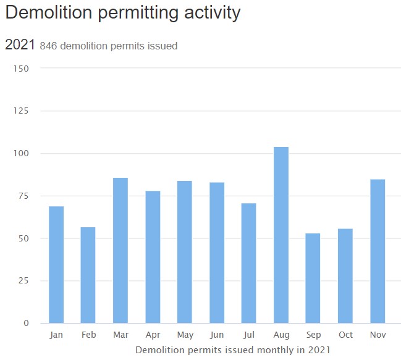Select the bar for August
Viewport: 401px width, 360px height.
(281, 235)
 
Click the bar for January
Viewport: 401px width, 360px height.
(56, 264)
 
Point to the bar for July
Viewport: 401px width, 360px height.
(249, 263)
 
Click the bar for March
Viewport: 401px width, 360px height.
(120, 250)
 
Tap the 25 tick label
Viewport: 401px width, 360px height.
(23, 281)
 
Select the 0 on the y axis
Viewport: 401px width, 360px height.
(26, 323)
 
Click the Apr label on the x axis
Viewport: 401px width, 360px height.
(153, 335)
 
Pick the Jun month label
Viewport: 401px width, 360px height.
(217, 335)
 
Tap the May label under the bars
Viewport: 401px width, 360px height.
(185, 335)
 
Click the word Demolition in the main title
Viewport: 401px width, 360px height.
(51, 13)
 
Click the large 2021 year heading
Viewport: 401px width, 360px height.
(20, 44)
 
